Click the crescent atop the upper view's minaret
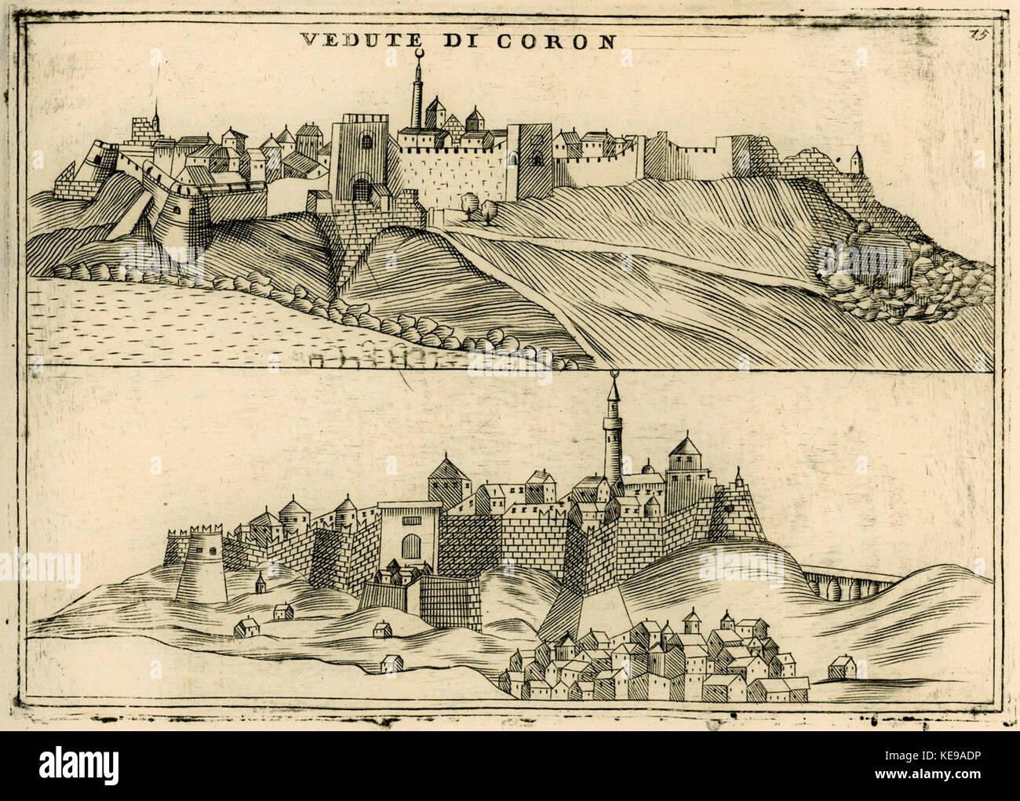(x=418, y=53)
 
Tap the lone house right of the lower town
(x=842, y=668)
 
